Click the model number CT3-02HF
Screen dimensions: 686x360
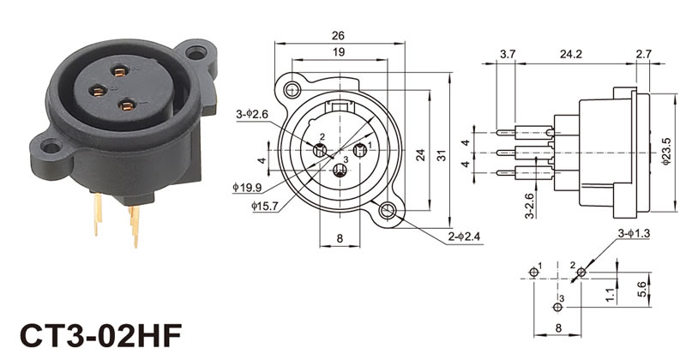pos(101,335)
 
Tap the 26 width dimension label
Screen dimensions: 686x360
pos(338,35)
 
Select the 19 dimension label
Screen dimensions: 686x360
pos(339,52)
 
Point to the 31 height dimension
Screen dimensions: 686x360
pos(442,155)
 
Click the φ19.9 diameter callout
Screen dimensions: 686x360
pos(247,188)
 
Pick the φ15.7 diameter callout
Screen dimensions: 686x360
pos(265,206)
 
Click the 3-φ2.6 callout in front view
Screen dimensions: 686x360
pos(252,115)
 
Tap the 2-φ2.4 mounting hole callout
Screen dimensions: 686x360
pos(464,237)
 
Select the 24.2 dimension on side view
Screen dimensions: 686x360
pos(571,54)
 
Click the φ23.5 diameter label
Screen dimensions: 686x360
pos(666,152)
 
